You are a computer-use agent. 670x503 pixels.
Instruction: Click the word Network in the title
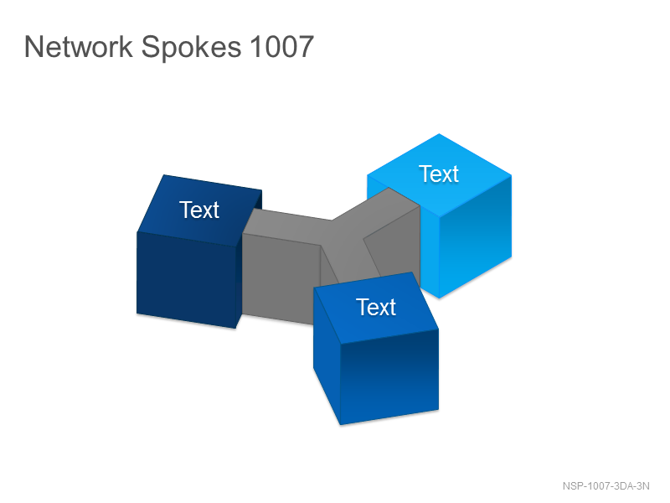[79, 46]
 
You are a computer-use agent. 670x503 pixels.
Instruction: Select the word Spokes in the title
[191, 48]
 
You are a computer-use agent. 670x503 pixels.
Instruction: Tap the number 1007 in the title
[282, 46]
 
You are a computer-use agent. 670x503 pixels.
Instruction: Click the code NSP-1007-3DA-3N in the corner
[606, 486]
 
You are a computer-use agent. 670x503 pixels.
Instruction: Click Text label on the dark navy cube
[199, 210]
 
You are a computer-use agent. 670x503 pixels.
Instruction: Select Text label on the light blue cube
[439, 174]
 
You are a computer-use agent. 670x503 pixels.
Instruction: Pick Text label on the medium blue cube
[376, 307]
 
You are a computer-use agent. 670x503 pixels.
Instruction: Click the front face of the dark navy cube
[186, 280]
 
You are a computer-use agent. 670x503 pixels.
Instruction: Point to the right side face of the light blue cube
[475, 236]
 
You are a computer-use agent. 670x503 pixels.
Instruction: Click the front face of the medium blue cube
[389, 376]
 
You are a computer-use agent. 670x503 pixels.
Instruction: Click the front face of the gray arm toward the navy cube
[281, 279]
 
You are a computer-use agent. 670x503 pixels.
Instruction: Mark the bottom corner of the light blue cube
[439, 298]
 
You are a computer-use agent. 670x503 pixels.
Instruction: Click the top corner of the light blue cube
[439, 134]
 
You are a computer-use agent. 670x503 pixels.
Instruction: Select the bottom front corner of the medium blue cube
[341, 425]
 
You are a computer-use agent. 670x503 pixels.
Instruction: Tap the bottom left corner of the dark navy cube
[137, 314]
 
